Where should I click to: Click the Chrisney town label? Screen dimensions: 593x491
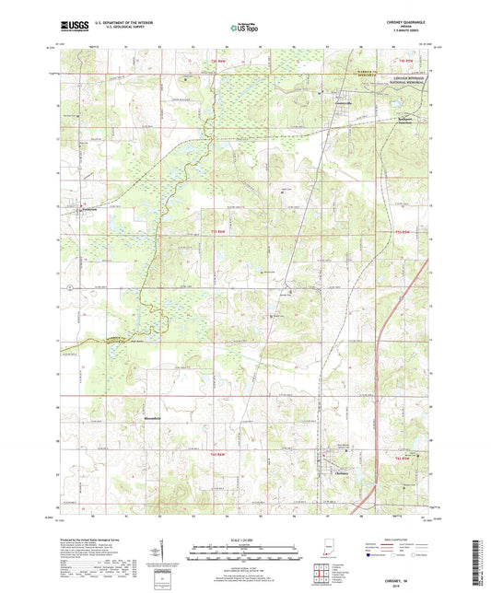tap(335, 474)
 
